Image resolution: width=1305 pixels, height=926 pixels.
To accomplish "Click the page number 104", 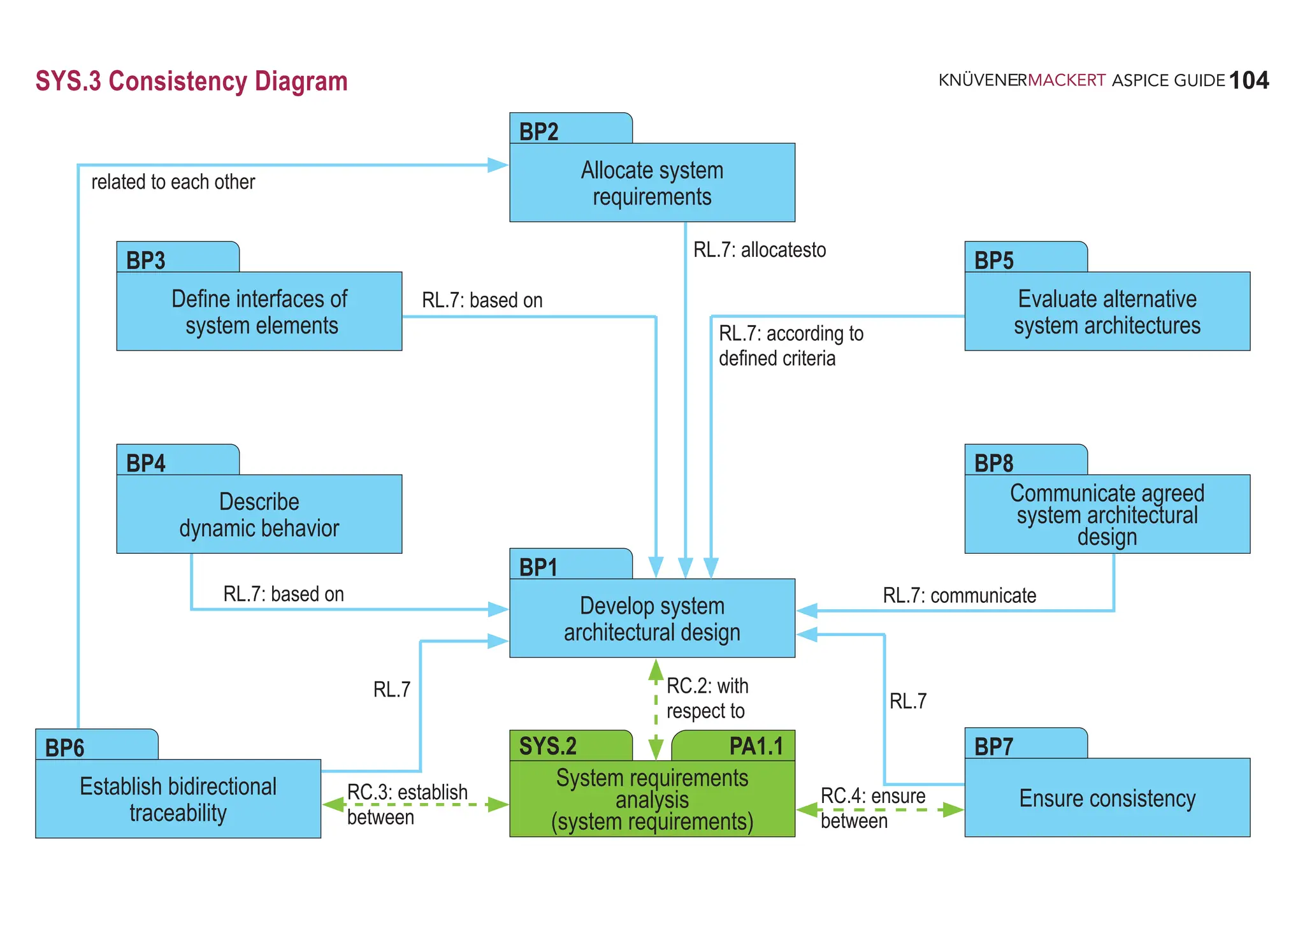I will coord(1248,80).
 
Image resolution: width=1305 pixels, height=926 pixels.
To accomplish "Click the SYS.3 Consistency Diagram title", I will coord(191,82).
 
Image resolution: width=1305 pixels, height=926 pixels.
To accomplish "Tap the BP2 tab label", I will coord(539,131).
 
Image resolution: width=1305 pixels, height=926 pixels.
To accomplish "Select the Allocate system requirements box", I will coord(652,183).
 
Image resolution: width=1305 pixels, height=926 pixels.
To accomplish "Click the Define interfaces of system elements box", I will coord(259,312).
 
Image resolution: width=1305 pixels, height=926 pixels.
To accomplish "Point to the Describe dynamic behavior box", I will coord(259,514).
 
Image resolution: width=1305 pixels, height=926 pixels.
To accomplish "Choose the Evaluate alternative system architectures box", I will coord(1107,312).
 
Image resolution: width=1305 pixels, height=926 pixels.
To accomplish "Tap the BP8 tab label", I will coord(993,463).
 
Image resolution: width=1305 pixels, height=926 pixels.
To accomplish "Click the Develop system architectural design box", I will coord(652,618).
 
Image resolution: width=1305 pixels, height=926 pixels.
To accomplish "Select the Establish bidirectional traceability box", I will coord(178,799).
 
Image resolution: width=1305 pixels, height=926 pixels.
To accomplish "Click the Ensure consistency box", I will coord(1107,798).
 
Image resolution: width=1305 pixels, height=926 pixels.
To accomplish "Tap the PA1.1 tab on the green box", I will coord(756,746).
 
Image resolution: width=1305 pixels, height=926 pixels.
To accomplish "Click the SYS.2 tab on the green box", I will coord(548,746).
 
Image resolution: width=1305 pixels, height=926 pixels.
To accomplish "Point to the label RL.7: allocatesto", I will coord(760,250).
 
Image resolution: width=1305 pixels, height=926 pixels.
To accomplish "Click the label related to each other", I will coord(173,182).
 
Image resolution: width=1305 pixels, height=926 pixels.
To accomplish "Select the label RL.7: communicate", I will coord(959,595).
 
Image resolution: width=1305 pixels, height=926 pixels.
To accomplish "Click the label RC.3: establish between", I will coord(407,804).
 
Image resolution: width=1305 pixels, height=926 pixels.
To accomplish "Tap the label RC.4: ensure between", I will coord(872,808).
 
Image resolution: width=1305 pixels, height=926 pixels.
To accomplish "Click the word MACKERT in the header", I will coord(1066,80).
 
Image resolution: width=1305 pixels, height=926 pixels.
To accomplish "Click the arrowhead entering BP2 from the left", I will coord(498,165).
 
